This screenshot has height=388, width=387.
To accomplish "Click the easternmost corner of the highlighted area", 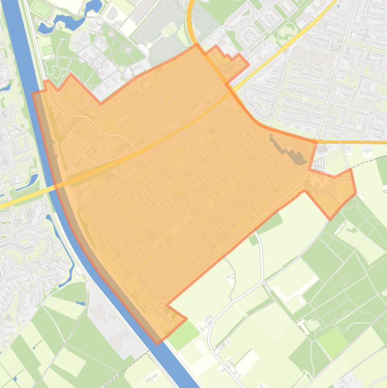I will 356,192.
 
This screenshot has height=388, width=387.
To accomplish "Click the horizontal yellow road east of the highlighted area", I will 352,142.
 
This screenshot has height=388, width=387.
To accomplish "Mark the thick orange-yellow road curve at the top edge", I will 191,20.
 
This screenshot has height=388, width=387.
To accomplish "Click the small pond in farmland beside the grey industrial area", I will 81,304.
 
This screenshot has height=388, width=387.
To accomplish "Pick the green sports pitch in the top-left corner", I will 41,9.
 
